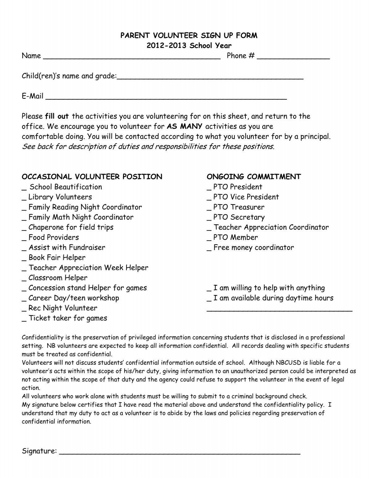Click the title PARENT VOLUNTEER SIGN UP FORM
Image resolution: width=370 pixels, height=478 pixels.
pos(188,35)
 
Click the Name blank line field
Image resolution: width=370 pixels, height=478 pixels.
pos(132,57)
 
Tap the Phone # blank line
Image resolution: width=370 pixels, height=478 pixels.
pos(293,57)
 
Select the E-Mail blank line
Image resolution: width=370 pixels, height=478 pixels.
pos(166,98)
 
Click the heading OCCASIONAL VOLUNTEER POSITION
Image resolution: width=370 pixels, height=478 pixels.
pos(92,177)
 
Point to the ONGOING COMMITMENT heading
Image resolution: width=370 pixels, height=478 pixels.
pos(253,177)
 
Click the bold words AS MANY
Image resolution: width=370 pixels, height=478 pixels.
pos(184,126)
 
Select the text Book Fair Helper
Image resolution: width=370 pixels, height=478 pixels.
pos(57,257)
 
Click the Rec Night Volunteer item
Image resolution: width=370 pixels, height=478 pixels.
pos(63,308)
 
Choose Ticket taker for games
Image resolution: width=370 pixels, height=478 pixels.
pos(68,318)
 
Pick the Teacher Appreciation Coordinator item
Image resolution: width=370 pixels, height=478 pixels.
pos(271,227)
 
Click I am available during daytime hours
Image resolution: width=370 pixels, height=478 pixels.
pos(273,298)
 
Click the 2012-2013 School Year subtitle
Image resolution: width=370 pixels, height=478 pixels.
pos(189,46)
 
